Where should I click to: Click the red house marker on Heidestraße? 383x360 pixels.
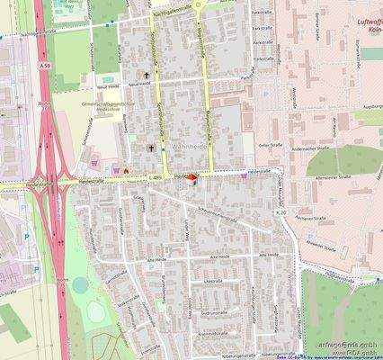pos(190,178)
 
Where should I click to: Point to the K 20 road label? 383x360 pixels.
pos(282,337)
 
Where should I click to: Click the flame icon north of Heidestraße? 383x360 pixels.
pos(127,167)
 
